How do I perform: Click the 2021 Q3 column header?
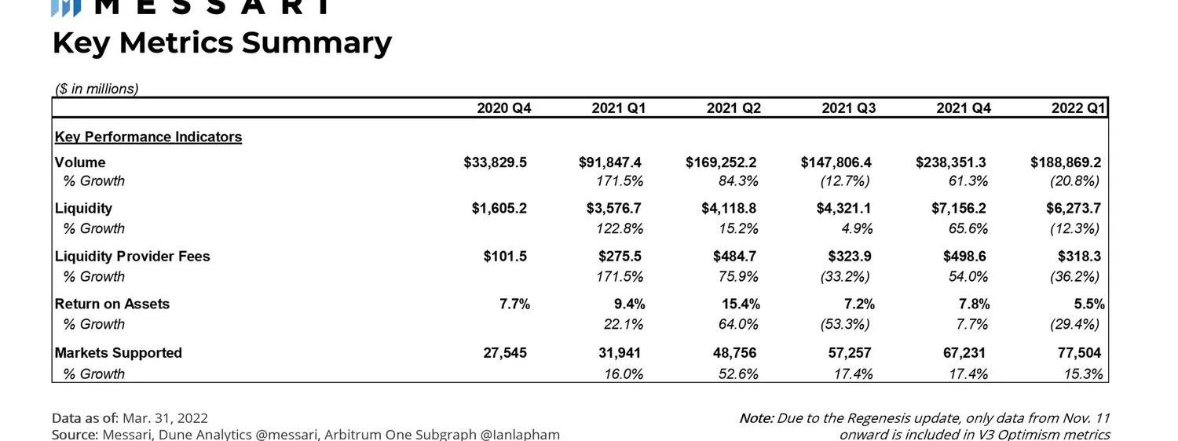[x=848, y=108]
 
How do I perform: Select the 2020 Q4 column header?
[x=504, y=108]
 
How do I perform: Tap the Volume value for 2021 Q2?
[x=721, y=162]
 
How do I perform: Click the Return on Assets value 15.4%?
[x=741, y=304]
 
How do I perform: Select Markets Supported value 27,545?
[x=505, y=353]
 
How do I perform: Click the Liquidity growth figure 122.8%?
[x=620, y=229]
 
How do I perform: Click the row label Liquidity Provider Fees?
[x=132, y=257]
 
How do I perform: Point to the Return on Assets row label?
[x=112, y=304]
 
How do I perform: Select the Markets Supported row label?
[x=118, y=353]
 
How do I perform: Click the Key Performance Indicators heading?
[x=148, y=137]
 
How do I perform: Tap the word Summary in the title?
[x=316, y=43]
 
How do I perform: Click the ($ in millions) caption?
[x=97, y=89]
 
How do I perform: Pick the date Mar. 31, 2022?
[x=165, y=418]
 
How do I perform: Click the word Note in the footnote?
[x=755, y=418]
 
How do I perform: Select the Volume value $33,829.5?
[x=495, y=162]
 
